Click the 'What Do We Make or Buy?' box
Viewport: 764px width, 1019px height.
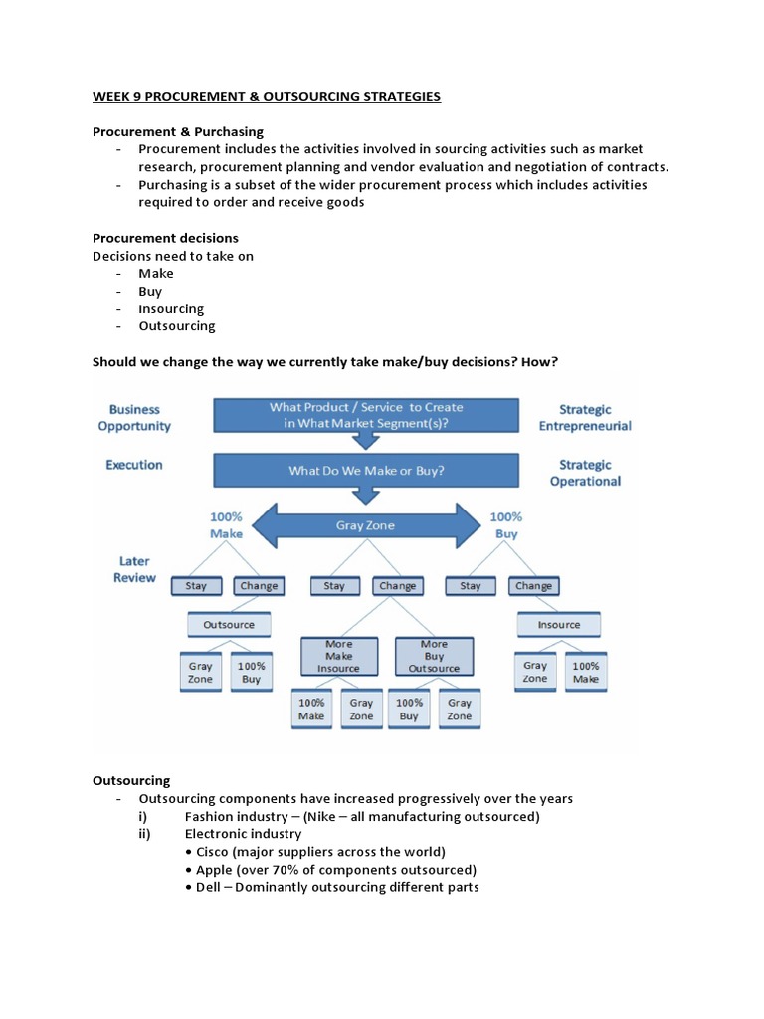366,470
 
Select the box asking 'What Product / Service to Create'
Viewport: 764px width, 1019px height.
366,414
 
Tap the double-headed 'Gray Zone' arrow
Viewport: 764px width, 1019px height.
366,523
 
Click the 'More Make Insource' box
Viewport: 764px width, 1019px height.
339,657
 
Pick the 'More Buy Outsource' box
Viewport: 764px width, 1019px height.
434,657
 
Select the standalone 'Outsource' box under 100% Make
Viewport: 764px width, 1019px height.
229,625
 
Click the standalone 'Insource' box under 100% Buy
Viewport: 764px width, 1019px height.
559,625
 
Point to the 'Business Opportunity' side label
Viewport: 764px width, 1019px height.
134,417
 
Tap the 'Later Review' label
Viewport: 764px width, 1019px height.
134,569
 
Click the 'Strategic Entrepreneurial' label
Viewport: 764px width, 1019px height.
585,417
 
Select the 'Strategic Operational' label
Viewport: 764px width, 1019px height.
585,473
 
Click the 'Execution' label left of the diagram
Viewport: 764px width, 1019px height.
134,465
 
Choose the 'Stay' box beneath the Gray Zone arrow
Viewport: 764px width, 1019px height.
334,586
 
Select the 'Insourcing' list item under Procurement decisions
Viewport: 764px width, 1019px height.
171,308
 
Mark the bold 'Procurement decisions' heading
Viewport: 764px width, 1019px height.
165,238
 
